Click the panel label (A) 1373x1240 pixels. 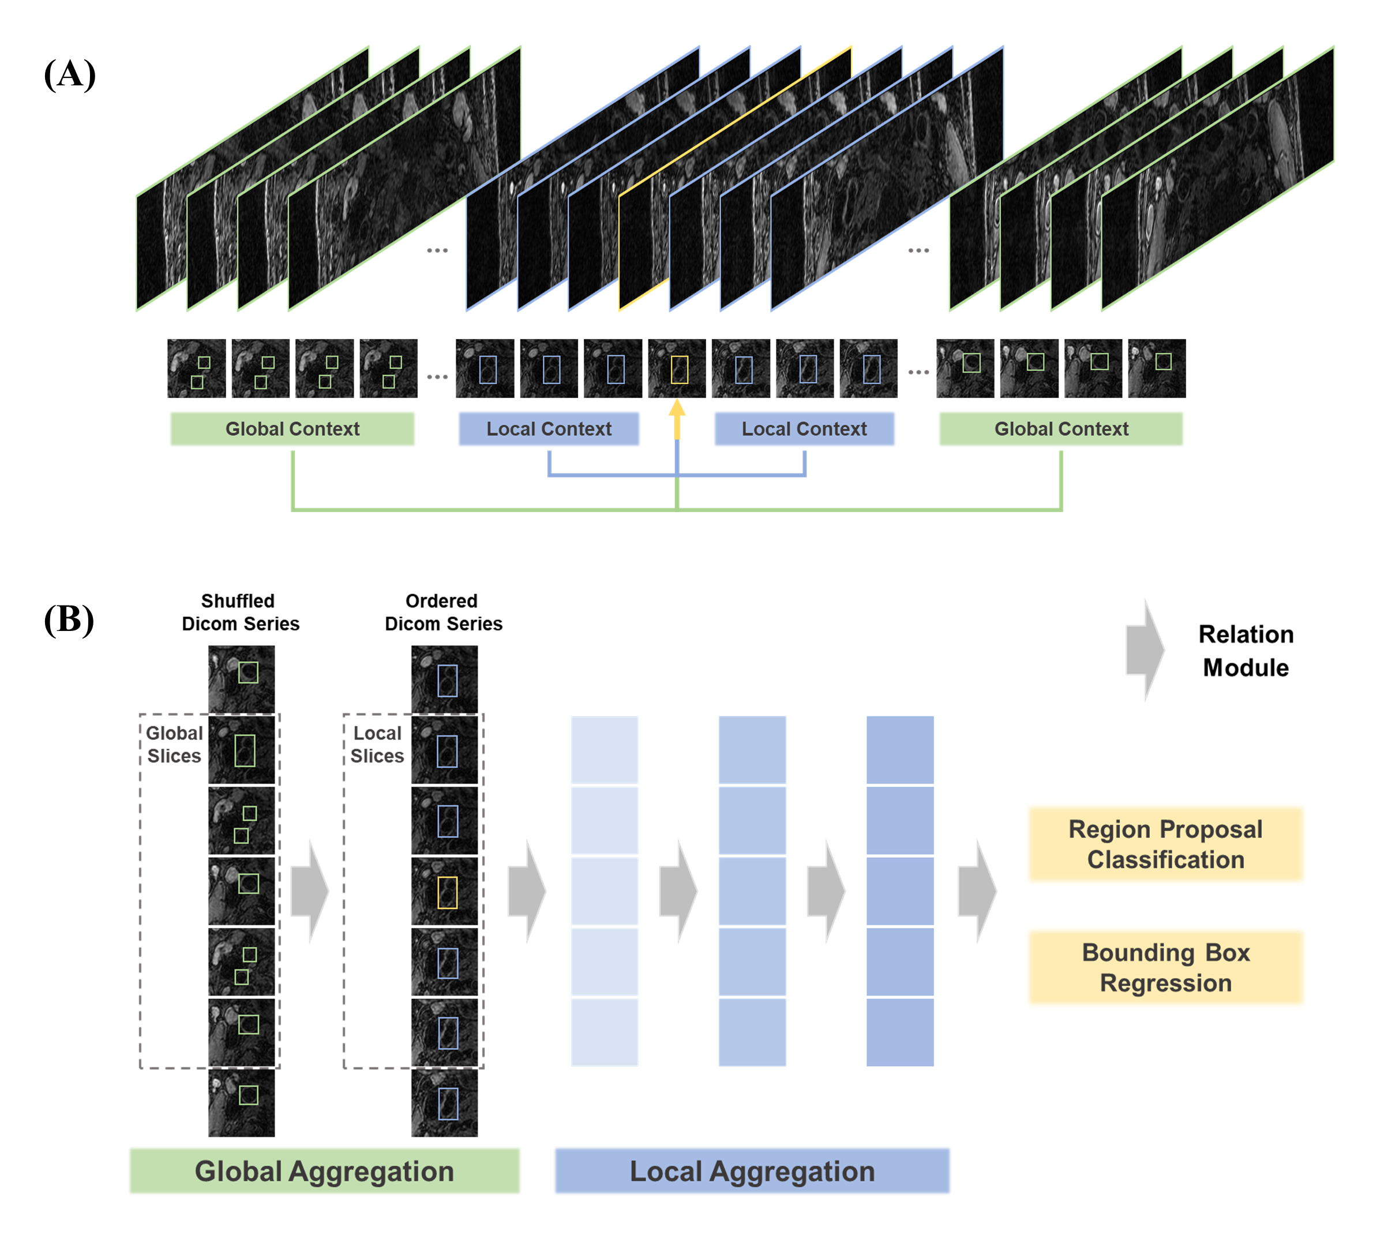[x=69, y=74]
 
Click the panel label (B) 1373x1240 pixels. [x=69, y=619]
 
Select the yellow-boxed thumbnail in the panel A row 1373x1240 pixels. [x=677, y=369]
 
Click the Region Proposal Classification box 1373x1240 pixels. [x=1165, y=844]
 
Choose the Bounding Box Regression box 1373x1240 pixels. [x=1165, y=968]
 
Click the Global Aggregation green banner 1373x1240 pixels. [x=324, y=1171]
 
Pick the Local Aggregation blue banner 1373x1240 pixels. [x=752, y=1171]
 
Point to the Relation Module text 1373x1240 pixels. [x=1246, y=651]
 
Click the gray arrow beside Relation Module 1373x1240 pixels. [x=1146, y=651]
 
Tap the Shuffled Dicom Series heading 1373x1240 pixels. [x=240, y=612]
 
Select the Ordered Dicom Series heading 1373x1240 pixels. [x=444, y=612]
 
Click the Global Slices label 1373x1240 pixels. [x=174, y=744]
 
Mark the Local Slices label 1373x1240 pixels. [x=377, y=744]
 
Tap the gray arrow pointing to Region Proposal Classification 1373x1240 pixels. [x=977, y=891]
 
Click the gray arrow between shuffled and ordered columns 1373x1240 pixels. [x=310, y=891]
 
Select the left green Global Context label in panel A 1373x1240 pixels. [x=292, y=429]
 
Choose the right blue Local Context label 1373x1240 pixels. [x=804, y=429]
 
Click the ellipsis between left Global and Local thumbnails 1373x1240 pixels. [x=437, y=376]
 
